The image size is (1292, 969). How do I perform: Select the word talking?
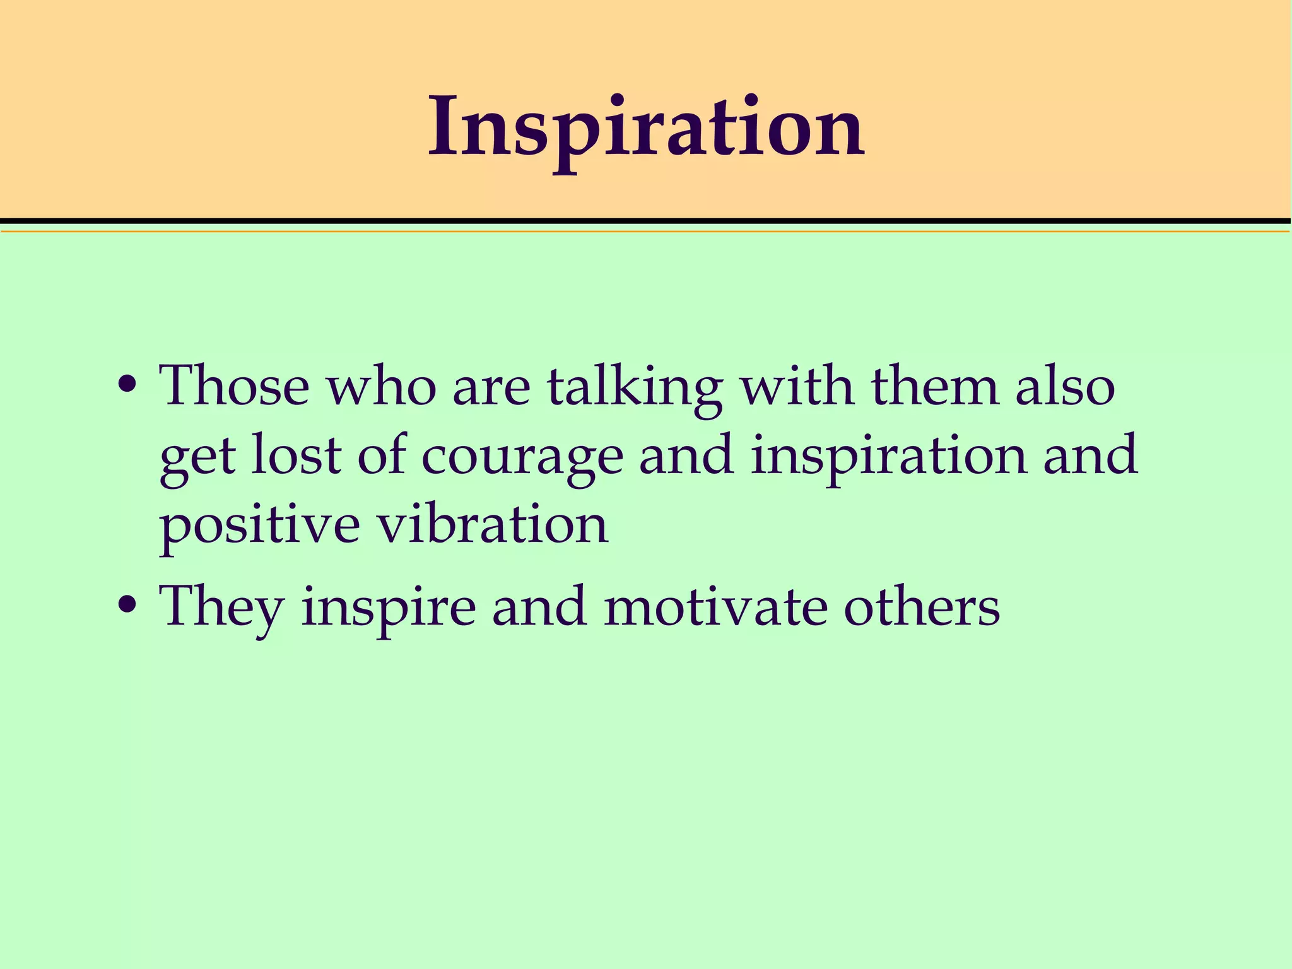point(635,386)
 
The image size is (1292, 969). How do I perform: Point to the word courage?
point(522,455)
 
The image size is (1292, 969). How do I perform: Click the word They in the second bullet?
point(221,608)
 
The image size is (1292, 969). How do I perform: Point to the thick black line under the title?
point(646,221)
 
